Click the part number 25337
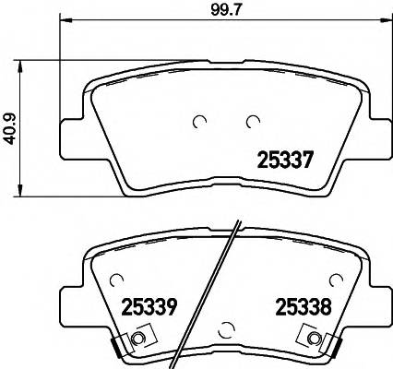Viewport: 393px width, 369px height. [285, 159]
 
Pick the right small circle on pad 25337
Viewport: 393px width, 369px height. [252, 120]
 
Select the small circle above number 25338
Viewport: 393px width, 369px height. [336, 278]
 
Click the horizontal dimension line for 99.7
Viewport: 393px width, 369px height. [138, 22]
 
